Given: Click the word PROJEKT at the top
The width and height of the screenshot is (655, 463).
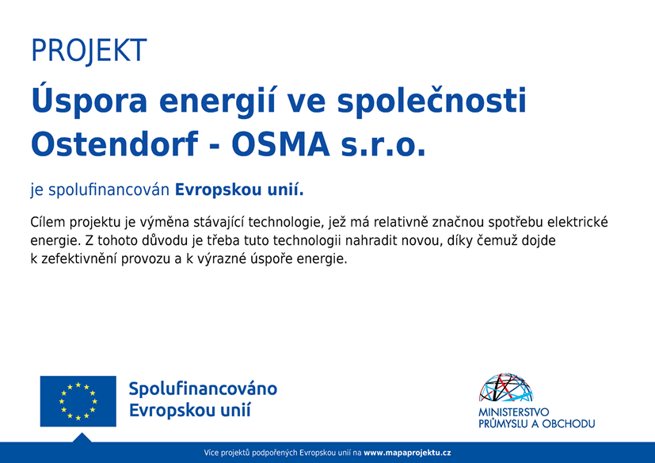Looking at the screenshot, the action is point(89,51).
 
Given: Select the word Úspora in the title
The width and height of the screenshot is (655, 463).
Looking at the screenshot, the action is point(89,101).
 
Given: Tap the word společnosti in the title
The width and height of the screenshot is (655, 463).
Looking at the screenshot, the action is point(432,101).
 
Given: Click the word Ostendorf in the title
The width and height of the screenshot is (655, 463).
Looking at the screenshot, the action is point(114,143).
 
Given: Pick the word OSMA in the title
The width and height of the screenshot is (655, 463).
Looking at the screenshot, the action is point(280,145).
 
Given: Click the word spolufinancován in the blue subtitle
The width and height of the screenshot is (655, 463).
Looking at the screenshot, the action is point(109,190).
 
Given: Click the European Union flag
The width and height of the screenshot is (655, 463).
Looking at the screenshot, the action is point(78,401).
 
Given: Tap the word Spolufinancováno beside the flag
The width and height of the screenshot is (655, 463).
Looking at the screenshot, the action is point(203,389).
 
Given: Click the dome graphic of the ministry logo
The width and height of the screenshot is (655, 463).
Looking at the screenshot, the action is point(506,388).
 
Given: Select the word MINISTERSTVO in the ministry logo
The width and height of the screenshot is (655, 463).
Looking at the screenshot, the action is point(514,412).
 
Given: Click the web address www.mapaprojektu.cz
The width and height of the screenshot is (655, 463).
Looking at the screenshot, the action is point(407,453).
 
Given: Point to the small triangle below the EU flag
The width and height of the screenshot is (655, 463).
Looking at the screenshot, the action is point(82,438).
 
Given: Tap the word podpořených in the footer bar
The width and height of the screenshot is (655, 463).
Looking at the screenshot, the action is point(276,453).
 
